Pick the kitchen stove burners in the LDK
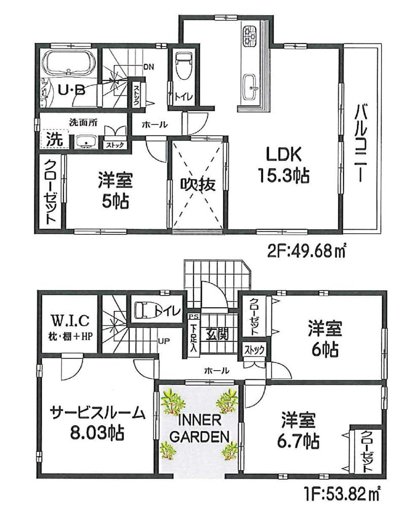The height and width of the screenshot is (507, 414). tap(250, 34)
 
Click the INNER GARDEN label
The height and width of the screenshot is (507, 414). tap(198, 428)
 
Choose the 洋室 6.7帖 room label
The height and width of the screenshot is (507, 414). tap(300, 430)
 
